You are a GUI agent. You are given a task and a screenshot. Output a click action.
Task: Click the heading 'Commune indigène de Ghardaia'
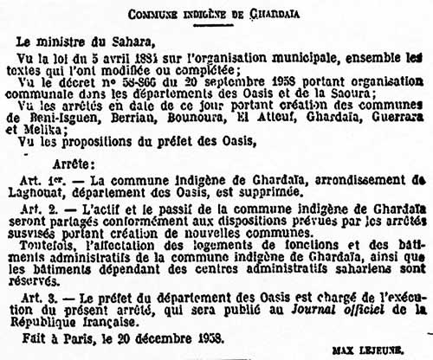(x=216, y=13)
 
